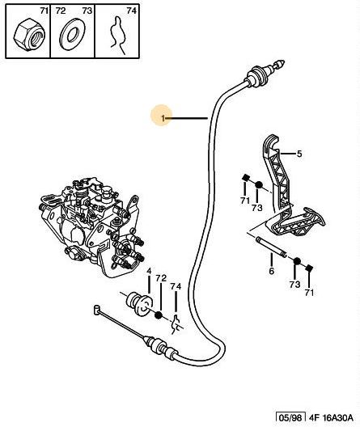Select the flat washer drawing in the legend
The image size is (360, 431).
(x=73, y=35)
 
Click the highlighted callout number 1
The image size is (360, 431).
(x=163, y=119)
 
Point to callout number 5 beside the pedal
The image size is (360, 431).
(x=299, y=154)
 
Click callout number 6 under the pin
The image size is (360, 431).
(x=272, y=272)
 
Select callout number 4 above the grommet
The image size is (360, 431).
(x=149, y=271)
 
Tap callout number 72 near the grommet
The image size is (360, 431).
(x=161, y=278)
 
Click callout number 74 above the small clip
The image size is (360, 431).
(x=176, y=286)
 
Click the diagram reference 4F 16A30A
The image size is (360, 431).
(x=330, y=418)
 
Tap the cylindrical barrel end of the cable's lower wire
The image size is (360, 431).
(x=96, y=309)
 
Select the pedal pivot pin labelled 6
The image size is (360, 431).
(x=272, y=247)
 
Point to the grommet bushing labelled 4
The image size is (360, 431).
(x=139, y=304)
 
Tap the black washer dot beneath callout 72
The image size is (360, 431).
(x=159, y=316)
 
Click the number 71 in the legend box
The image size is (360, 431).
(x=44, y=11)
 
